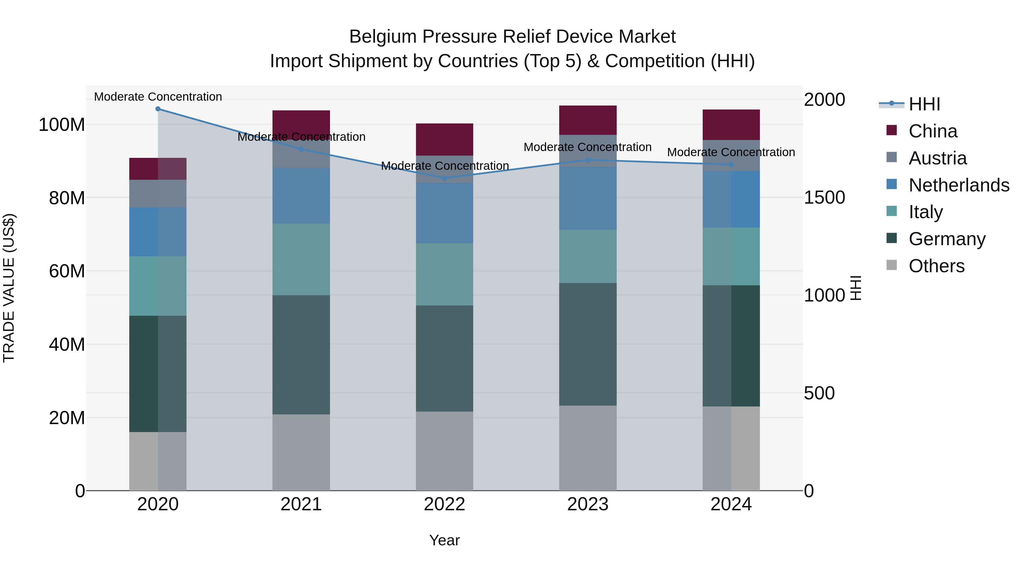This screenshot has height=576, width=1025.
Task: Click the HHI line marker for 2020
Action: (158, 109)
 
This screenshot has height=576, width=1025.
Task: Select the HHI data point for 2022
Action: (445, 178)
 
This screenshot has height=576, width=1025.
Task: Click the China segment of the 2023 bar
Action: (588, 120)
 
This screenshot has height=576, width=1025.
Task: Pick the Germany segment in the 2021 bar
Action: (301, 355)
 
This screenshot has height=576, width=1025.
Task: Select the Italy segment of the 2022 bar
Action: (444, 274)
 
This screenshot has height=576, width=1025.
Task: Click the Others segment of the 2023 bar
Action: (588, 448)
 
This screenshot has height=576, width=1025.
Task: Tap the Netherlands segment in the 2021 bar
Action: (301, 196)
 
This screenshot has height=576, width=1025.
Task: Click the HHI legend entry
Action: (924, 104)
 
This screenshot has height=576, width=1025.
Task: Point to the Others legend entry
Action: (936, 266)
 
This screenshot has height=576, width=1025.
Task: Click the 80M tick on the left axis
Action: (67, 198)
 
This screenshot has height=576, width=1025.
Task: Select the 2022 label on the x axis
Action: (444, 504)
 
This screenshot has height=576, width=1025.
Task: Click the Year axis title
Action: (444, 540)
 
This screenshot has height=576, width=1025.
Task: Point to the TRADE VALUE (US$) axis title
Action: (9, 288)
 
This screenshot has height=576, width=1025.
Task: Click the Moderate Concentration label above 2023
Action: (587, 147)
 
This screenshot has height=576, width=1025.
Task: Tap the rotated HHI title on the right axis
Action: (856, 288)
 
